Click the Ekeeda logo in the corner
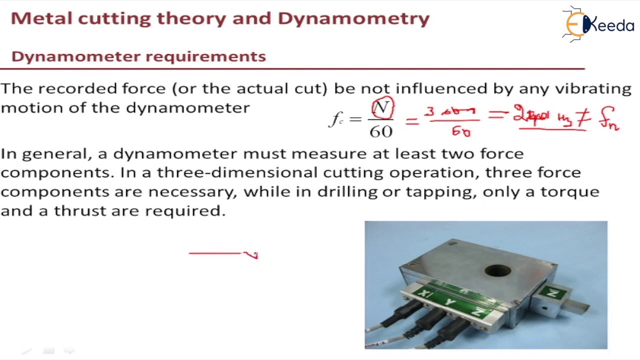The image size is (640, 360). point(598,23)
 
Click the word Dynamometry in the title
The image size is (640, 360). point(353,18)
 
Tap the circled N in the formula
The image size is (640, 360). point(382,108)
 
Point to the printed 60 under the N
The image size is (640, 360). point(381,131)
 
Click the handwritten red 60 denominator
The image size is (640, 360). point(461,131)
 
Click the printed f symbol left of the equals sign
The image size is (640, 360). point(334,119)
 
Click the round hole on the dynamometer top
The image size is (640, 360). point(497,271)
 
